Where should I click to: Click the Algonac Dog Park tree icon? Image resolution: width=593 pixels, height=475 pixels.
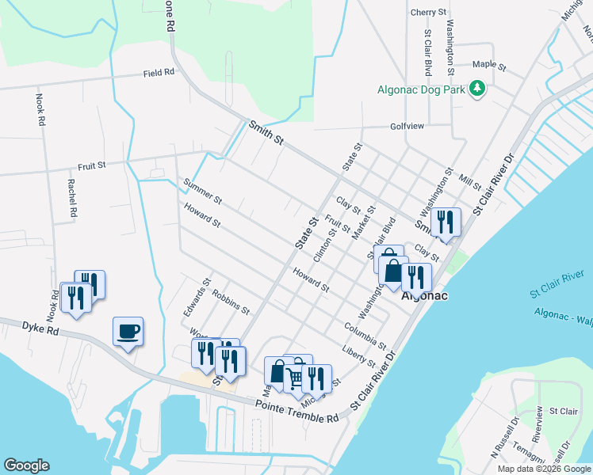tap(477, 89)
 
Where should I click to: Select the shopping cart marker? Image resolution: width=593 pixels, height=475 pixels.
tap(296, 378)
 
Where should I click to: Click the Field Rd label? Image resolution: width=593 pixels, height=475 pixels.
tap(159, 73)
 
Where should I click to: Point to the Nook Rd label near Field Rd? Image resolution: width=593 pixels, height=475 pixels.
tap(40, 110)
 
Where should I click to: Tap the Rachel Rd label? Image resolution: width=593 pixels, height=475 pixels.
tap(71, 197)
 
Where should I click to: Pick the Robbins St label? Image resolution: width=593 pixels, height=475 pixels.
tap(231, 298)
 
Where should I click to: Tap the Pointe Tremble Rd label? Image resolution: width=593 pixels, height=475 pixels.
tap(296, 410)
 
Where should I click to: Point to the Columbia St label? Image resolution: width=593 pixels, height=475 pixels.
tap(365, 336)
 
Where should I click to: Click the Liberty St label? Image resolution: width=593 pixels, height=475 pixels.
tap(358, 355)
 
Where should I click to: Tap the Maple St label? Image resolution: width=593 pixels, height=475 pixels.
tap(489, 64)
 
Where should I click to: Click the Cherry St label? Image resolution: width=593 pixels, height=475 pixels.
tap(429, 13)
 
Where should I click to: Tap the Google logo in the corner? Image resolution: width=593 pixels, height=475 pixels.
tap(27, 465)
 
